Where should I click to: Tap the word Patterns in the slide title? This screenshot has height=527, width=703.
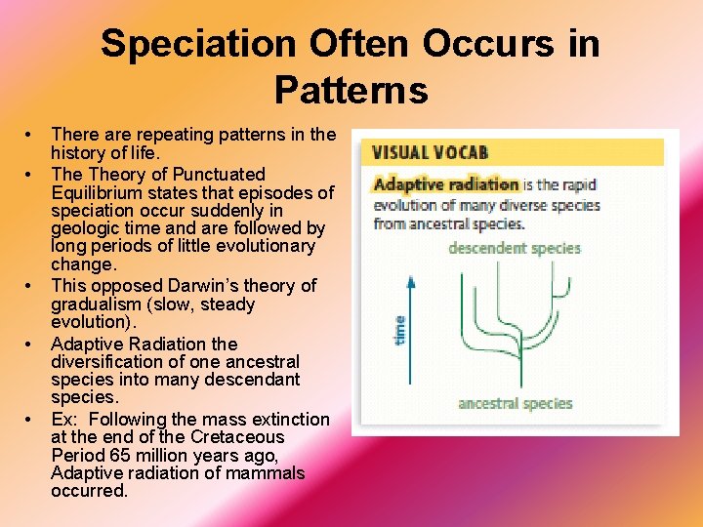pyautogui.click(x=351, y=90)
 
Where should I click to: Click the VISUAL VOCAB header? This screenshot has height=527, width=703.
pyautogui.click(x=430, y=152)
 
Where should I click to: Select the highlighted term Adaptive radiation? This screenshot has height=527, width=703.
pyautogui.click(x=446, y=183)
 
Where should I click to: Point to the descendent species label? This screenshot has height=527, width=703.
pyautogui.click(x=514, y=248)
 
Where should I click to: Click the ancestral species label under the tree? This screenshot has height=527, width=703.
pyautogui.click(x=515, y=403)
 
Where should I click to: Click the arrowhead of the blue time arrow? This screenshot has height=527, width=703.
pyautogui.click(x=411, y=281)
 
